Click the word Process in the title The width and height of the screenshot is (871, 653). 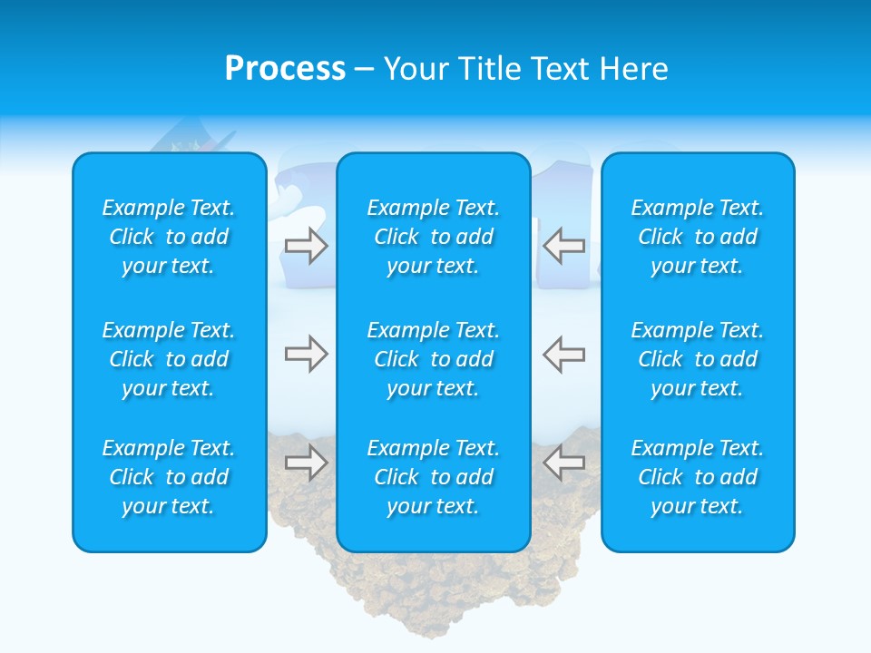tap(285, 69)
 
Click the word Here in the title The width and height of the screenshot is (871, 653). tap(632, 69)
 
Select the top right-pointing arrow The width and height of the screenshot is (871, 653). tap(306, 246)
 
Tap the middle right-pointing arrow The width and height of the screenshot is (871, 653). tap(306, 354)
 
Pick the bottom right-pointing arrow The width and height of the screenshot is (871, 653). tap(306, 463)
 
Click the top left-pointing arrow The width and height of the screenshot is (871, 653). tap(564, 246)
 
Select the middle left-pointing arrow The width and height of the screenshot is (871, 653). tap(564, 354)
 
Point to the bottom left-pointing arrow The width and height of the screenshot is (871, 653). tap(564, 463)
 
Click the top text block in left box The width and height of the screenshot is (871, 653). tap(169, 237)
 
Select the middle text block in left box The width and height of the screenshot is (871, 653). tap(169, 359)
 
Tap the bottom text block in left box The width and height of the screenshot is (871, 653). tap(169, 477)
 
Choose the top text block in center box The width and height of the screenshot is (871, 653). tap(433, 237)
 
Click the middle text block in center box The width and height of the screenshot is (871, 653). tap(433, 359)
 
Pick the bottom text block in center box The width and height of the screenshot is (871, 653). tap(433, 477)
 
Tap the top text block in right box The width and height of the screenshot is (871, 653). tap(697, 237)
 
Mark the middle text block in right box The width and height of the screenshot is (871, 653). tap(697, 359)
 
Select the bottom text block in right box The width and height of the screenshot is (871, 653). tap(697, 477)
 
